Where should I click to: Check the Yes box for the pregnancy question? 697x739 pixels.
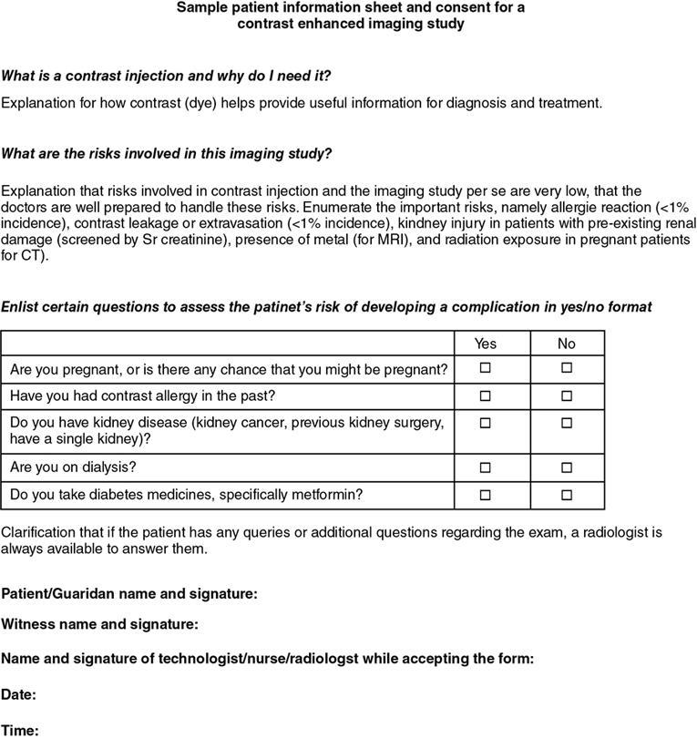[486, 368]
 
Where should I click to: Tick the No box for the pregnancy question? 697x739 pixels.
[566, 368]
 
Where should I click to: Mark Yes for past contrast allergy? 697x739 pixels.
[486, 396]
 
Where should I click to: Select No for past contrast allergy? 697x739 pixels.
[566, 396]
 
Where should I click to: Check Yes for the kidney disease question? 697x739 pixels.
[486, 424]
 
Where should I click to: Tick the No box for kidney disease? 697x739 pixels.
[566, 424]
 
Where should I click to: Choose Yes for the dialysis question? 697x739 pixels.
[486, 467]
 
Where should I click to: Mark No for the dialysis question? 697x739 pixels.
[566, 467]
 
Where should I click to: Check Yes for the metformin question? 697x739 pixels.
[486, 495]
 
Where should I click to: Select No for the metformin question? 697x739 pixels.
[566, 495]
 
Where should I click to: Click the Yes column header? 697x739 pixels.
[486, 344]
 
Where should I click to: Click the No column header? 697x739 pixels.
[566, 344]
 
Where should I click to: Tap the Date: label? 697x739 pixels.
[19, 695]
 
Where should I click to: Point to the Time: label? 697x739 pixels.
[19, 729]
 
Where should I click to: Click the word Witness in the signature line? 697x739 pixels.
[27, 625]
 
